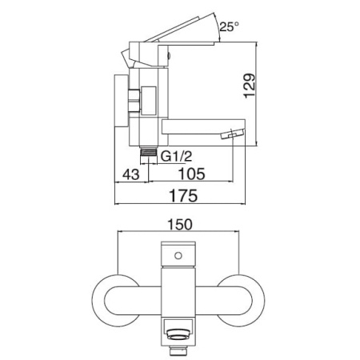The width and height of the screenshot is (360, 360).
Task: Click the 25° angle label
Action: pyautogui.click(x=229, y=26)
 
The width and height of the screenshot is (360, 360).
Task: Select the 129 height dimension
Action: pyautogui.click(x=250, y=86)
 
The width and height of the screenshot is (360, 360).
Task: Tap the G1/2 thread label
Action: pyautogui.click(x=176, y=156)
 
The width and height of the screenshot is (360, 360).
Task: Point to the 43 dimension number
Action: pyautogui.click(x=130, y=174)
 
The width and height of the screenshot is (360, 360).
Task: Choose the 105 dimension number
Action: pyautogui.click(x=192, y=174)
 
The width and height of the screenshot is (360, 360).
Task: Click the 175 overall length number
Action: pyautogui.click(x=184, y=195)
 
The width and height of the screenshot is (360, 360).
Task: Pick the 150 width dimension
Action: pyautogui.click(x=179, y=224)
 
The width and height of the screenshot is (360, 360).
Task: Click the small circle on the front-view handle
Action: pyautogui.click(x=178, y=256)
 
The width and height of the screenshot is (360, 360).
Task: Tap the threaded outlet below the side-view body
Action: pyautogui.click(x=148, y=155)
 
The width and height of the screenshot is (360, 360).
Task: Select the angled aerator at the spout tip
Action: pyautogui.click(x=233, y=133)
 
